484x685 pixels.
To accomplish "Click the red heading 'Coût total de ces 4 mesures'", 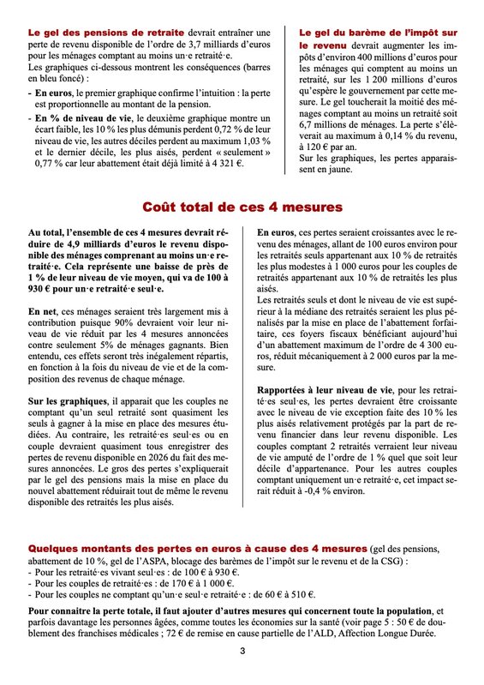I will tap(242, 207).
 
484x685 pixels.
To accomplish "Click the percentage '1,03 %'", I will tap(252, 138).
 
